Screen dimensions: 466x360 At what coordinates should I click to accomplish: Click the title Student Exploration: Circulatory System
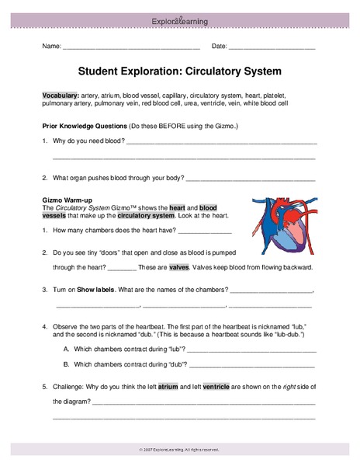click(180, 71)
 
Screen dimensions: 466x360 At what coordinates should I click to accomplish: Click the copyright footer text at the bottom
click(179, 450)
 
